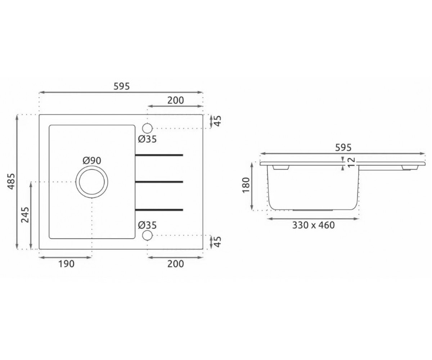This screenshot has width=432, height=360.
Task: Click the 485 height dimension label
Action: coord(11,181)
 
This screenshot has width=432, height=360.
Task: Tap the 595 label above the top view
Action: coord(122,86)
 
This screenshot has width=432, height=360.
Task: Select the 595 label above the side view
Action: coord(343,148)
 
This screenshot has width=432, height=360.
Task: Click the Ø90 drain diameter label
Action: coord(92,161)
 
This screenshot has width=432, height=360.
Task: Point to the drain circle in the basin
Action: coord(92,166)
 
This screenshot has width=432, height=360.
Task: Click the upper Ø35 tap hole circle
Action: coord(148,124)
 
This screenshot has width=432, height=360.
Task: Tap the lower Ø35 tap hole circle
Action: coord(148,231)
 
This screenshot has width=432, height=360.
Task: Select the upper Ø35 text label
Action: coord(147,139)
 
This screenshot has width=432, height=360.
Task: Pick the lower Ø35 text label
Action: coord(147,225)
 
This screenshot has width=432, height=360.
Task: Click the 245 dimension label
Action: coord(25,215)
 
